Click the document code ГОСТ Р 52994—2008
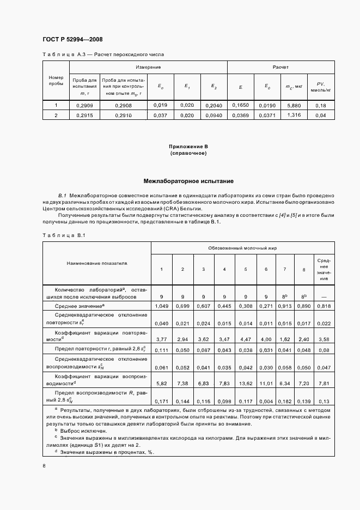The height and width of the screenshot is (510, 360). click(x=72, y=39)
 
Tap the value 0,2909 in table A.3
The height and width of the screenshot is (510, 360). click(x=84, y=105)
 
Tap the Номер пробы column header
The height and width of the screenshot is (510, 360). click(x=56, y=81)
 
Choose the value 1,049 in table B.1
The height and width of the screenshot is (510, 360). click(x=161, y=306)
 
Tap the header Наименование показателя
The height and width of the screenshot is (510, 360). click(x=96, y=263)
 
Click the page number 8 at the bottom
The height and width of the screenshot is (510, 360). click(x=44, y=465)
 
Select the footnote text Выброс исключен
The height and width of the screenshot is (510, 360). click(x=87, y=430)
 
